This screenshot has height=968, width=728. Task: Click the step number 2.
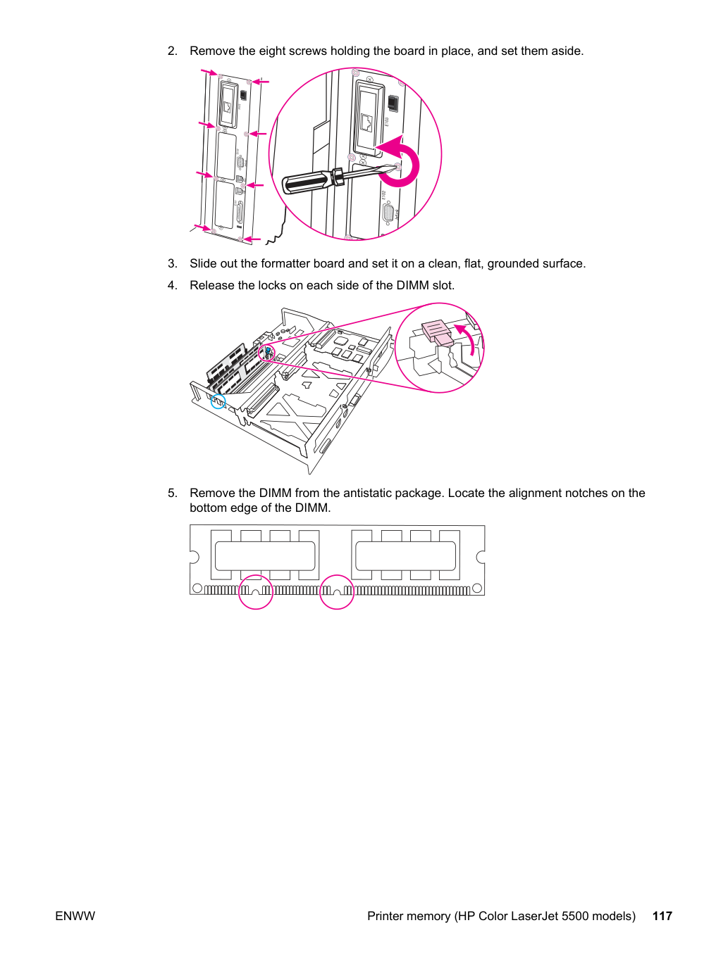pyautogui.click(x=172, y=51)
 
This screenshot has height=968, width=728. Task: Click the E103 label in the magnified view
pyautogui.click(x=386, y=120)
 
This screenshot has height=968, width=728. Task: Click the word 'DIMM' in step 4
pyautogui.click(x=413, y=286)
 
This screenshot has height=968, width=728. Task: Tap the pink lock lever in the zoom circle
pyautogui.click(x=437, y=332)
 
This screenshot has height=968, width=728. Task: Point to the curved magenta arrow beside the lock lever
pyautogui.click(x=468, y=337)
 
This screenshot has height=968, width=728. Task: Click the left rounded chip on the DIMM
pyautogui.click(x=265, y=555)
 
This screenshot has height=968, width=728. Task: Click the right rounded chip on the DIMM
pyautogui.click(x=405, y=555)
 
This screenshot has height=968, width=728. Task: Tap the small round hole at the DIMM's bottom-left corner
pyautogui.click(x=197, y=589)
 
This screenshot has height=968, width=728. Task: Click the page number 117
pyautogui.click(x=662, y=916)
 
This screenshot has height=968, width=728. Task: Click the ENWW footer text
pyautogui.click(x=75, y=916)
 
